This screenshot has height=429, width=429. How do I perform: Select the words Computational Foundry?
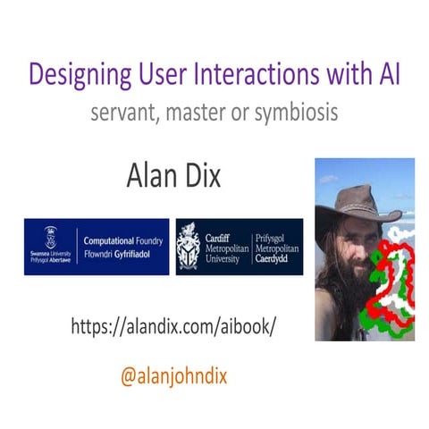(123, 240)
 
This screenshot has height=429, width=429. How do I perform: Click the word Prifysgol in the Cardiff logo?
(279, 234)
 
